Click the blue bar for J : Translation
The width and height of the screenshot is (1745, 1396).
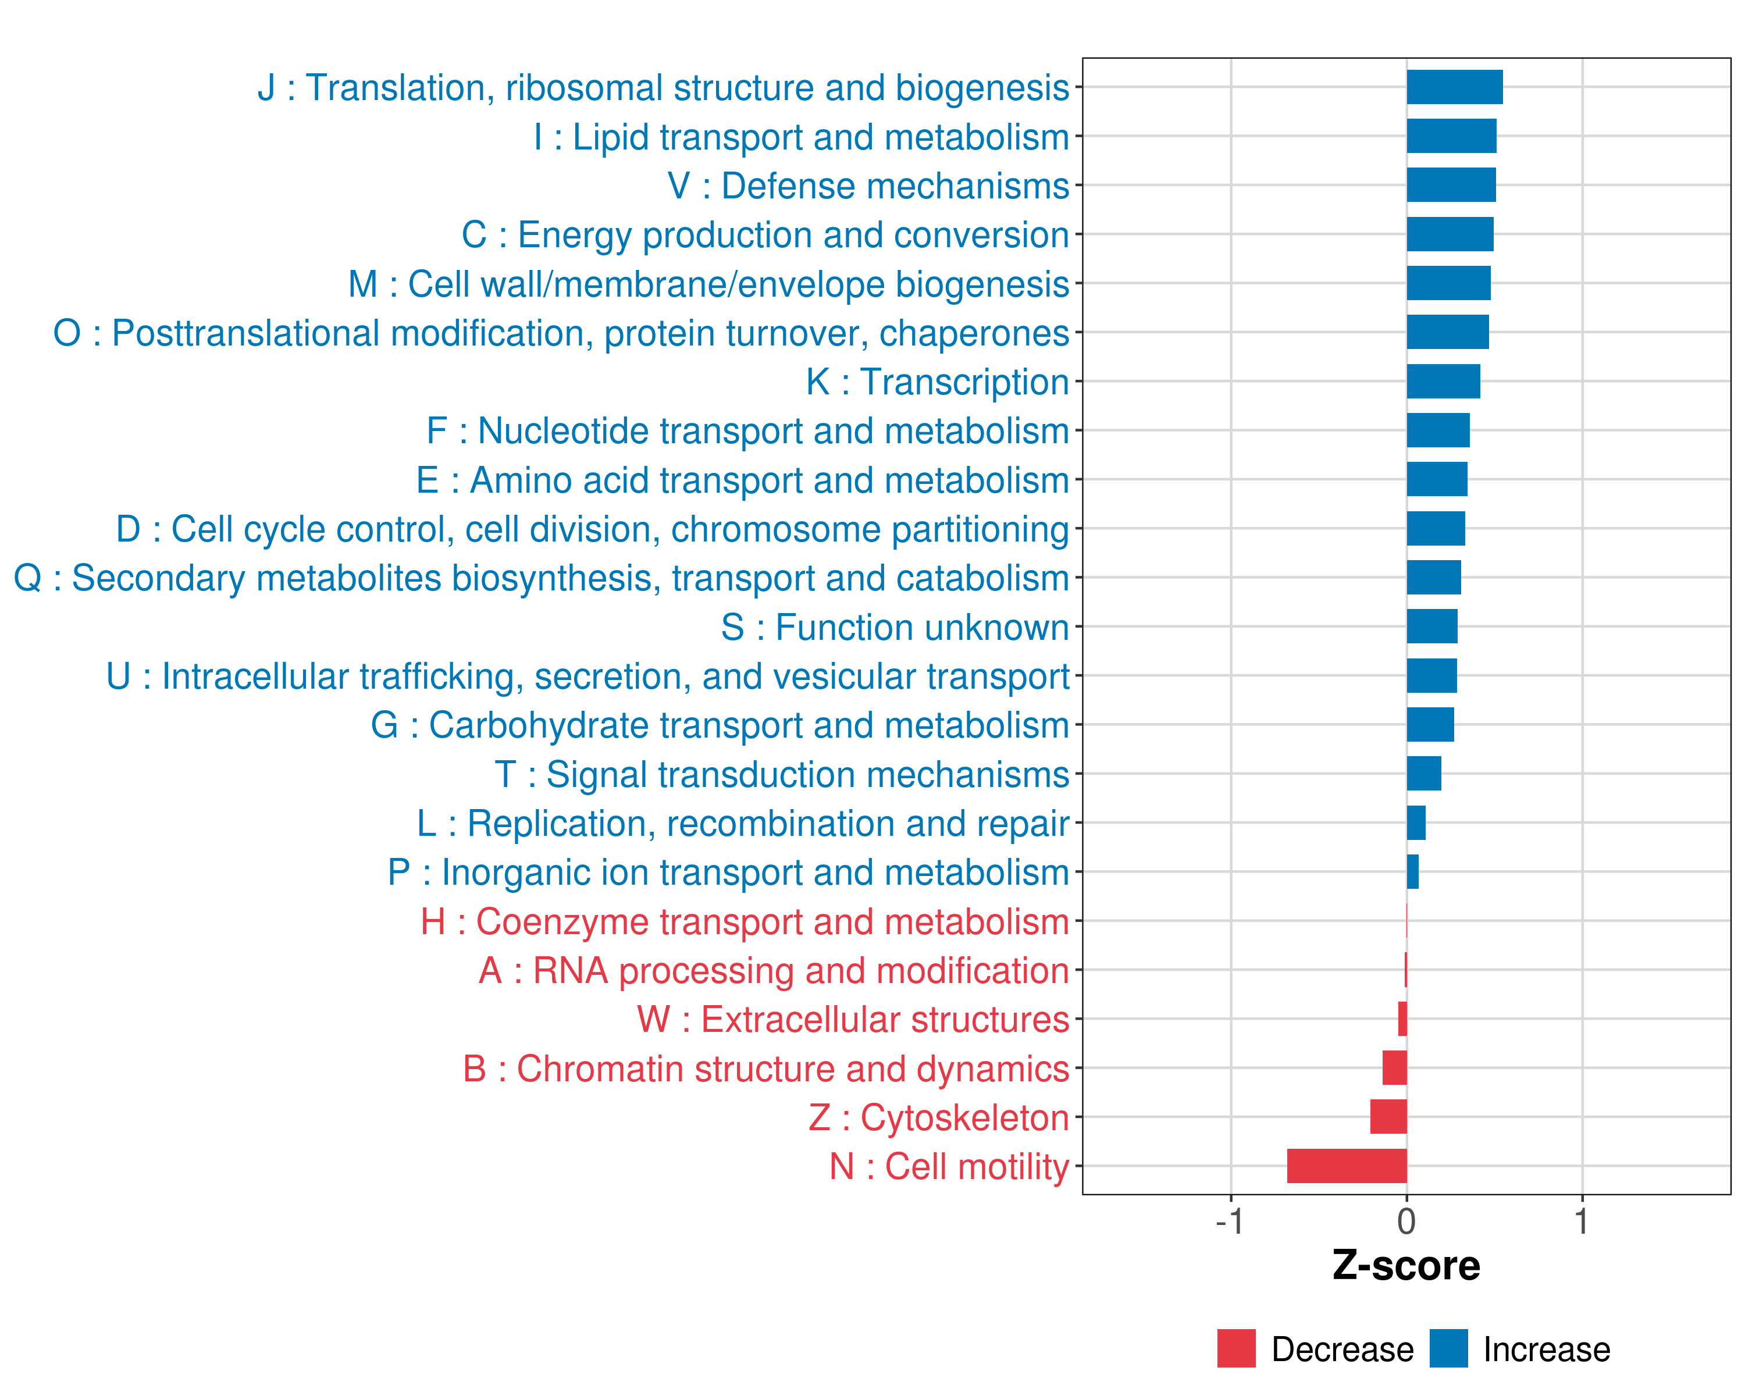tap(1454, 87)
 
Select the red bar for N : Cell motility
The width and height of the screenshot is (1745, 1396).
tap(1347, 1166)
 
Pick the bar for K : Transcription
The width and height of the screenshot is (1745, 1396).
tap(1443, 381)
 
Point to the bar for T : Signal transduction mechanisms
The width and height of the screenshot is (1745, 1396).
tap(1424, 774)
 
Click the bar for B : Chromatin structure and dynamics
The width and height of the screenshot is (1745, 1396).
tap(1394, 1069)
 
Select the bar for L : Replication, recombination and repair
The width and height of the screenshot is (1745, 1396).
tap(1416, 823)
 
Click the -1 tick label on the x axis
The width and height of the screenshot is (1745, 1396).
tap(1230, 1221)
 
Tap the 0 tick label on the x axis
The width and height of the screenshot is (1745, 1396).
tap(1406, 1221)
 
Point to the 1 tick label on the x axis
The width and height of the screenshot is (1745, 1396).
tap(1582, 1221)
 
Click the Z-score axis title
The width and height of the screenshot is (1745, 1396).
tap(1406, 1266)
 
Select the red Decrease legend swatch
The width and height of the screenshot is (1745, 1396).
tap(1236, 1348)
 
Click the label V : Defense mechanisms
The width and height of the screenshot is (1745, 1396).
tap(868, 186)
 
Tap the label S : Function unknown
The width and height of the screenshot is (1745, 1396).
tap(895, 627)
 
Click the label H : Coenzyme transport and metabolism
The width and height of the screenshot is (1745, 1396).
tap(745, 922)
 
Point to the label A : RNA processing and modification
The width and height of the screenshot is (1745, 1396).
tap(774, 970)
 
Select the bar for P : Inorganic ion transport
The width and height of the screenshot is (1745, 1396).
tap(1412, 871)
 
